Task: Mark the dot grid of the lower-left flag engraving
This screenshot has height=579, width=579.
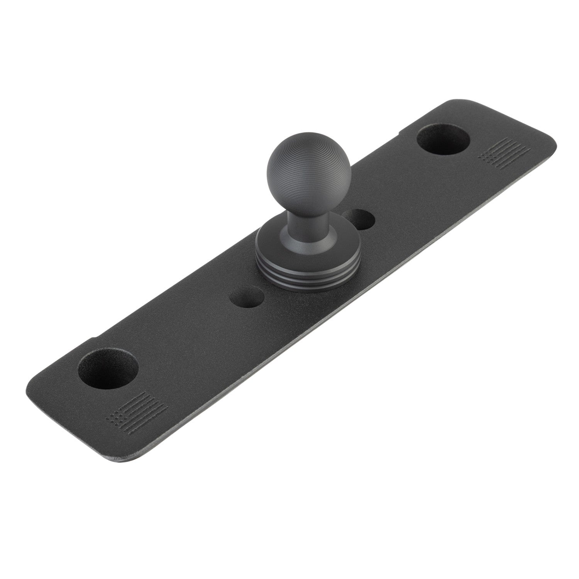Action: pos(115,417)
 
